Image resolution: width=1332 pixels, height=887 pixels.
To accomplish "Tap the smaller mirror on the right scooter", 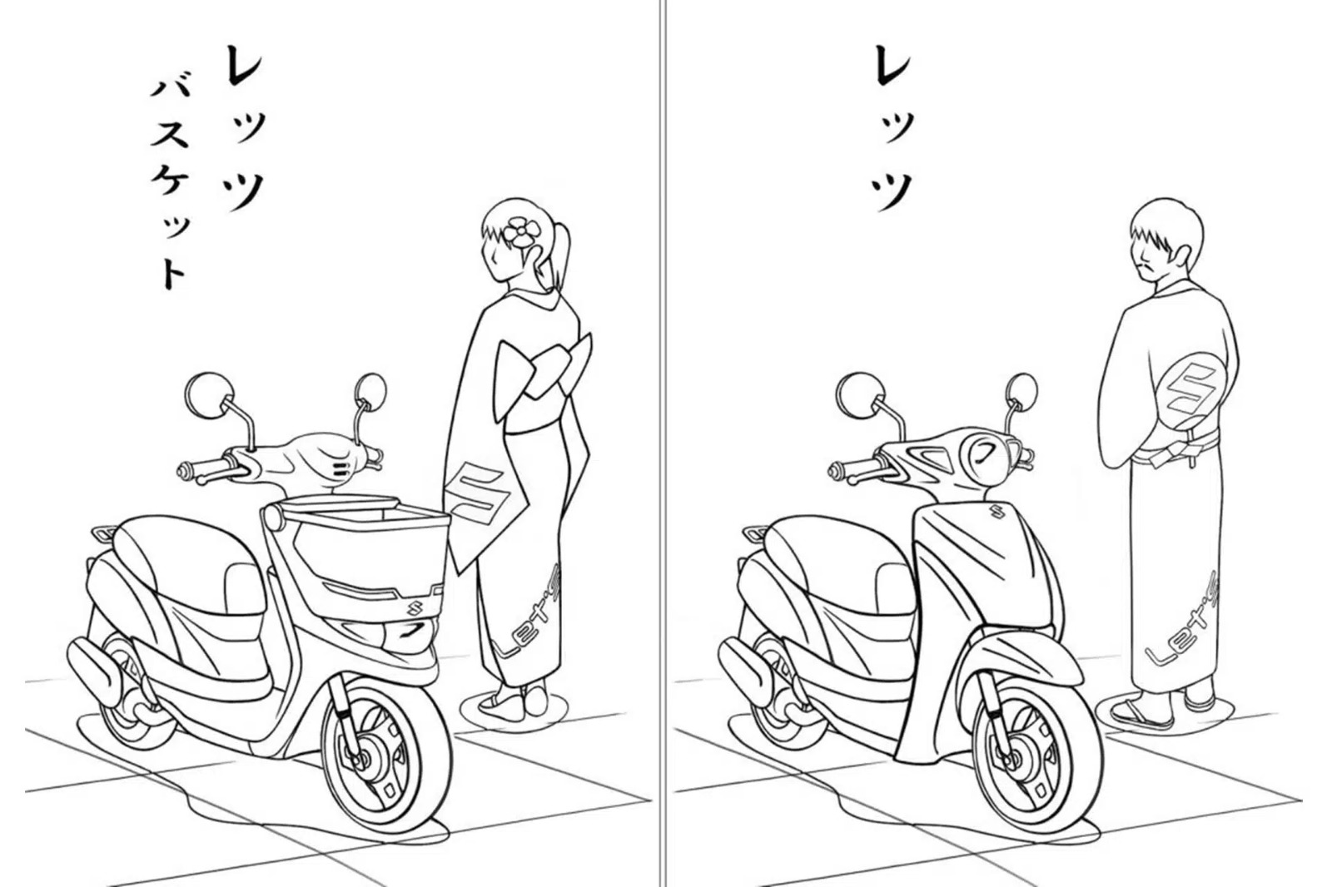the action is [x=1021, y=389].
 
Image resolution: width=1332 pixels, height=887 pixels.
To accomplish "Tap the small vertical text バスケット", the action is [x=168, y=186].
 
